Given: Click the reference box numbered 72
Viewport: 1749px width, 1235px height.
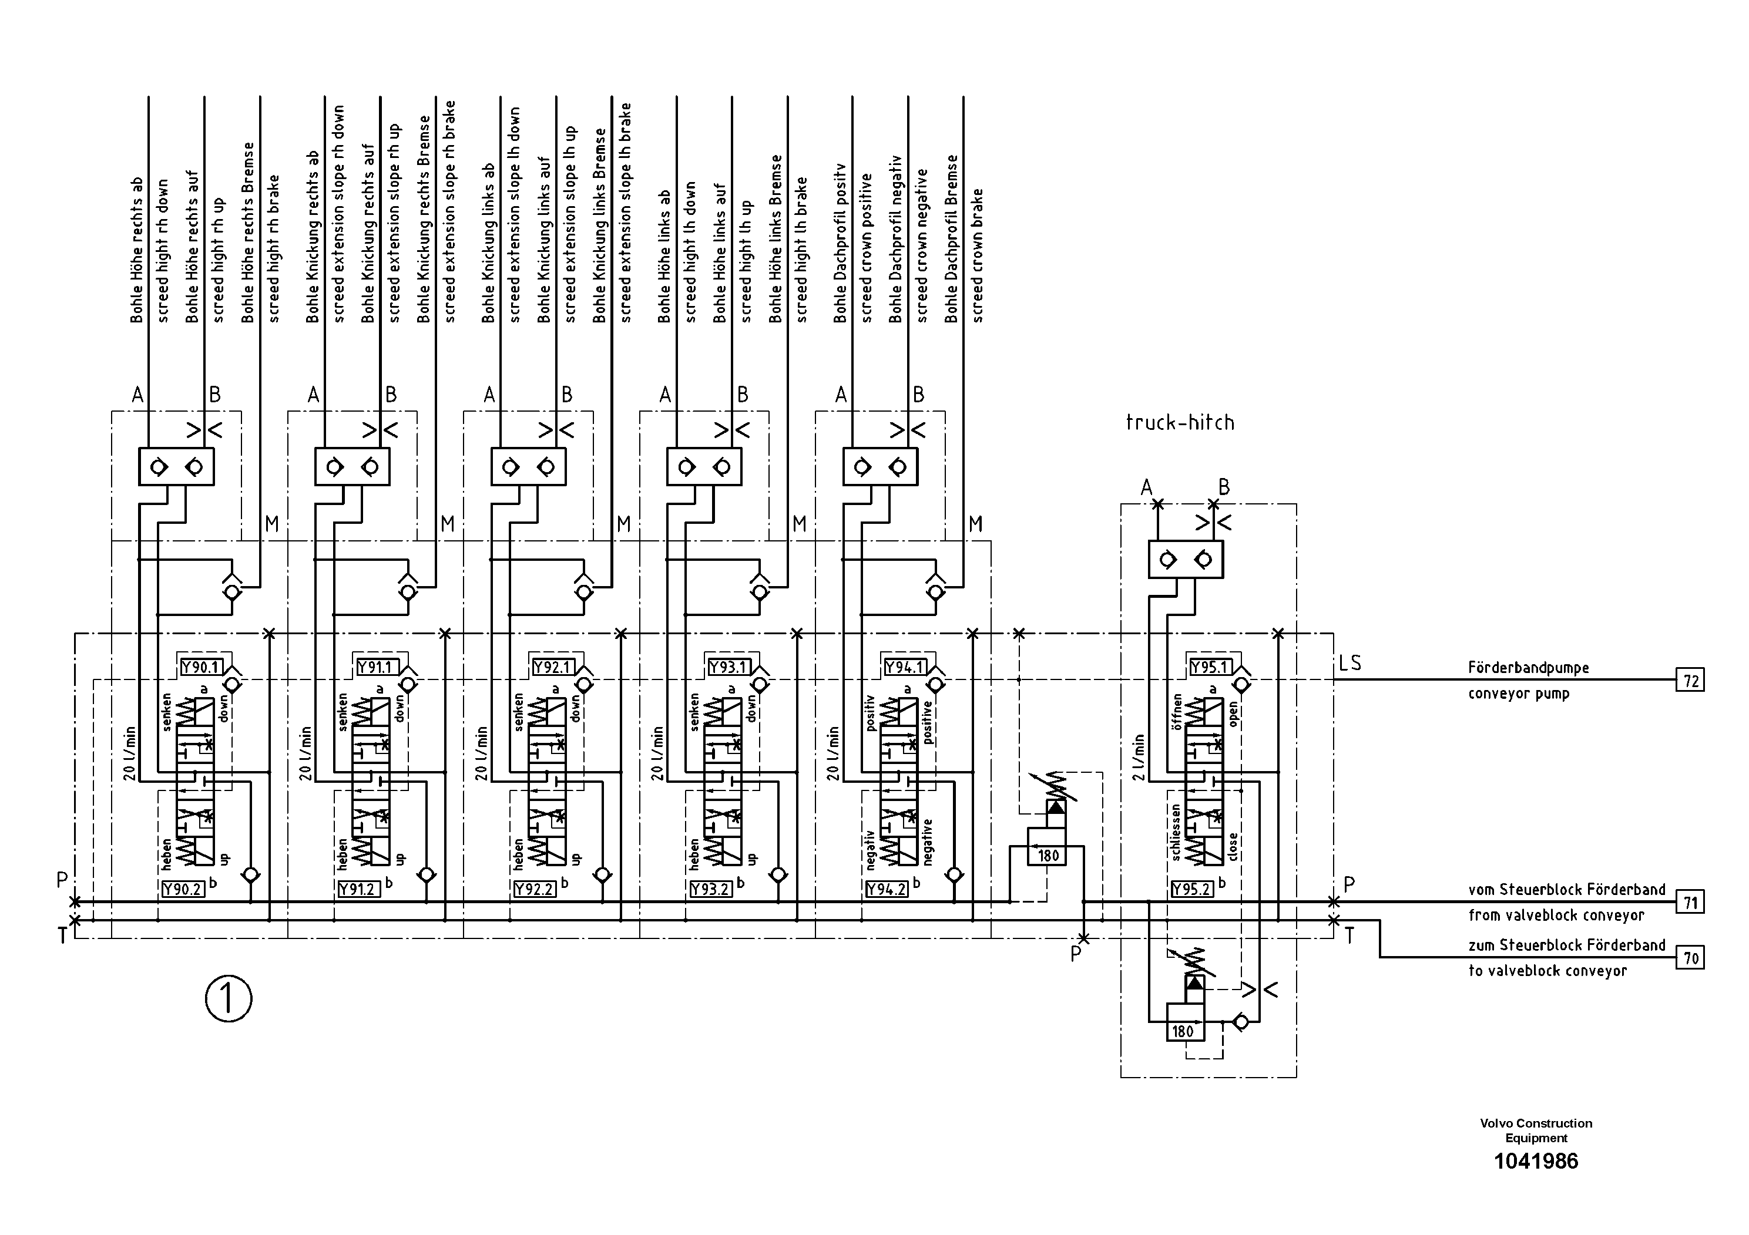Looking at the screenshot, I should pos(1690,680).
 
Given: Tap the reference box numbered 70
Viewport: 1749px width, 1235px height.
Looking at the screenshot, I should pos(1690,958).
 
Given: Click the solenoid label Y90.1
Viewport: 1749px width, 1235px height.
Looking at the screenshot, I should pos(200,668).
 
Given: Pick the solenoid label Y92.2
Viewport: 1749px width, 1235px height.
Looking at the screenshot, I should pos(534,889).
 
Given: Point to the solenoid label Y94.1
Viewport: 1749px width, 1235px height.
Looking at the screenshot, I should pos(904,668).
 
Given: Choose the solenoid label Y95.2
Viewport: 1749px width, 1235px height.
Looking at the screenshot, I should pos(1192,889).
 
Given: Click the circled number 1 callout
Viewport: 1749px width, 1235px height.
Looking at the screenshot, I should pos(229,1000).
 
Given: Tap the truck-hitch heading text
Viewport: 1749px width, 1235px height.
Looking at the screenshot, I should pos(1180,423).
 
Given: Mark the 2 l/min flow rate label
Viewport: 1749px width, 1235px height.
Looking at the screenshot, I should pos(1139,758).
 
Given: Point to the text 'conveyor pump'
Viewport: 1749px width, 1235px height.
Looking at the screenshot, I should pos(1519,694).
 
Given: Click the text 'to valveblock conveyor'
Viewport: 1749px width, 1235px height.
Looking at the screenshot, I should pos(1547,971).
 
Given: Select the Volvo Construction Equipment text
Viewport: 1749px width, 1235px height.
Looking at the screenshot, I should pos(1536,1130).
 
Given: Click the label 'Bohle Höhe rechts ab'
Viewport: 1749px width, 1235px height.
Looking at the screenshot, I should pos(137,251).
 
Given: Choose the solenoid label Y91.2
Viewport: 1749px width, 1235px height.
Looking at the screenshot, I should pos(358,889).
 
